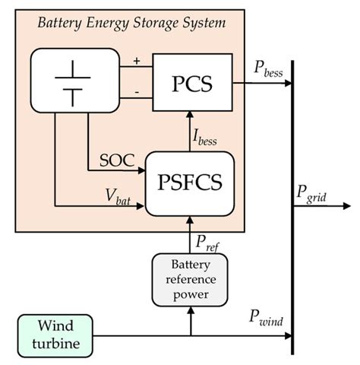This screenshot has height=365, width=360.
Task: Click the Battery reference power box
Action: pyautogui.click(x=190, y=278)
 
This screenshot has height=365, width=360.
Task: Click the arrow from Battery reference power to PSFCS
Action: pyautogui.click(x=190, y=236)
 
